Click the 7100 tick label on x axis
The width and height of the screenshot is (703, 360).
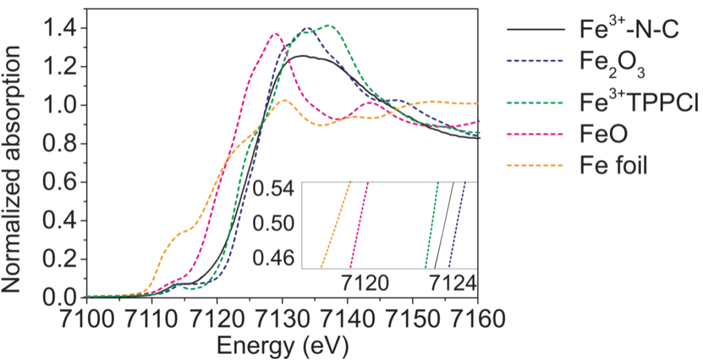[86, 320]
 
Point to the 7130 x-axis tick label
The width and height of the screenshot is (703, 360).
[283, 320]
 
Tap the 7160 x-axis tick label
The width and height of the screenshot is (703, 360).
[478, 320]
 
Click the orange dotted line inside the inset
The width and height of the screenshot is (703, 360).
[336, 225]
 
